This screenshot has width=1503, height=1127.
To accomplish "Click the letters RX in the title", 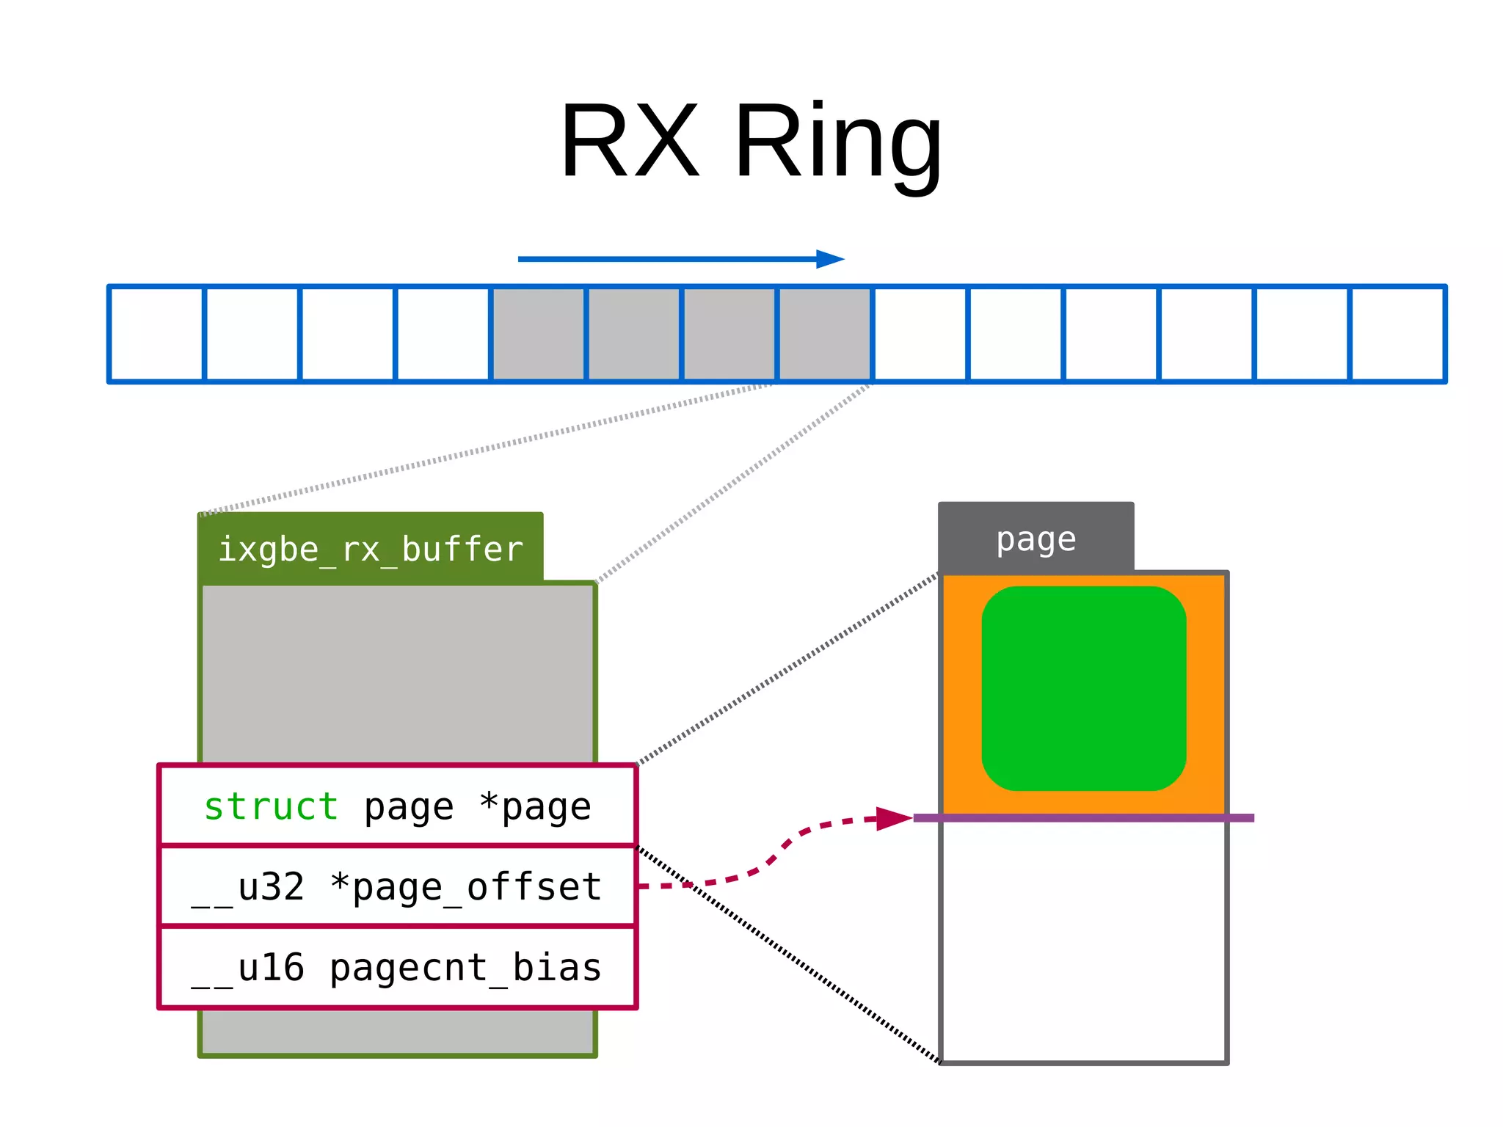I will [x=630, y=141].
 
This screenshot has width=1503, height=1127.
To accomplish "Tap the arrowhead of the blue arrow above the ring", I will [x=831, y=259].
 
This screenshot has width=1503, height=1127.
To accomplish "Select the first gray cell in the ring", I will [x=539, y=334].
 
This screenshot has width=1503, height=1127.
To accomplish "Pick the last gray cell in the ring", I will [x=824, y=334].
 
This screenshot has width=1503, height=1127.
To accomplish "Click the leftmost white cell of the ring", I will [x=156, y=334].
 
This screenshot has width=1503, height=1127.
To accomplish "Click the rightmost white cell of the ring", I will [x=1397, y=334].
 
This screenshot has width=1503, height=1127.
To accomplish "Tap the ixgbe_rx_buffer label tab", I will [x=371, y=549].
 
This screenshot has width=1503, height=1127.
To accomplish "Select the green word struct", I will [x=271, y=806].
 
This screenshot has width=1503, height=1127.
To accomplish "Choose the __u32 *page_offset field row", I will [x=397, y=886].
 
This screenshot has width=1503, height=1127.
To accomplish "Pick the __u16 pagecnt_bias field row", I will [x=397, y=967].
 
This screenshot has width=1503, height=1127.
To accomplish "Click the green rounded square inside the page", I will [x=1083, y=688].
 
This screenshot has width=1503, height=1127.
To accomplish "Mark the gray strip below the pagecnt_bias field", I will [x=397, y=1032].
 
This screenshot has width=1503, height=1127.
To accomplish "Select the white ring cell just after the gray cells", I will [x=920, y=334].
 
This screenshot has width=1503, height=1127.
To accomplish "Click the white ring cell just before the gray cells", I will [x=443, y=334].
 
